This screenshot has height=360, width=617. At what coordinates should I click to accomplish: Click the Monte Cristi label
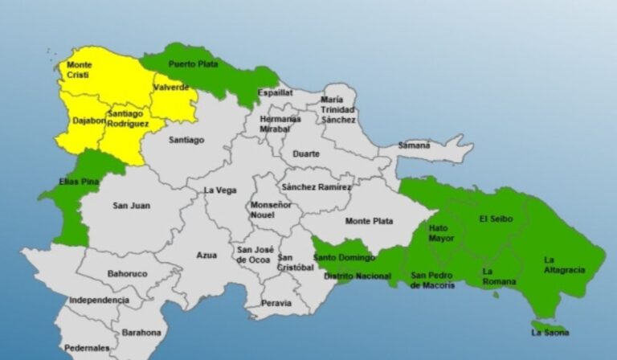79,69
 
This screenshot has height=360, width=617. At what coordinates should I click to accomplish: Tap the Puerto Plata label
190,63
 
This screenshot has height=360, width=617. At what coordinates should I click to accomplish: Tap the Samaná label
415,145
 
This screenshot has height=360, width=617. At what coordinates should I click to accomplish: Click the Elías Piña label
79,182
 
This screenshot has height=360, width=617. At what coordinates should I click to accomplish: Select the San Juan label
131,206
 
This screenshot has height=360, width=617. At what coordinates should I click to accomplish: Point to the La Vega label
220,190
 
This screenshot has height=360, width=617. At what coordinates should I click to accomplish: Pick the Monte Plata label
369,221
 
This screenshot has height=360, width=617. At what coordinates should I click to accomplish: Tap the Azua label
206,255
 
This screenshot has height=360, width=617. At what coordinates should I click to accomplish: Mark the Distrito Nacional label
349,276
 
